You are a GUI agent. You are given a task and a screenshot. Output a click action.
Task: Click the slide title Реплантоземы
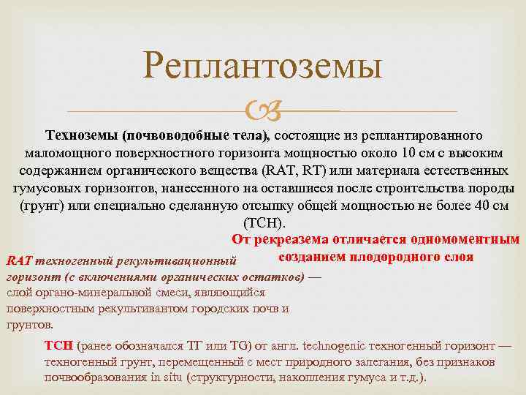point(263,67)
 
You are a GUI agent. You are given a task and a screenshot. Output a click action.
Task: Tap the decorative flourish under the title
point(262,111)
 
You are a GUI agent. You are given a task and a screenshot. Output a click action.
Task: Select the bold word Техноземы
point(82,136)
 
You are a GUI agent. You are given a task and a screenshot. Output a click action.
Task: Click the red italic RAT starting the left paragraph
point(17,261)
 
